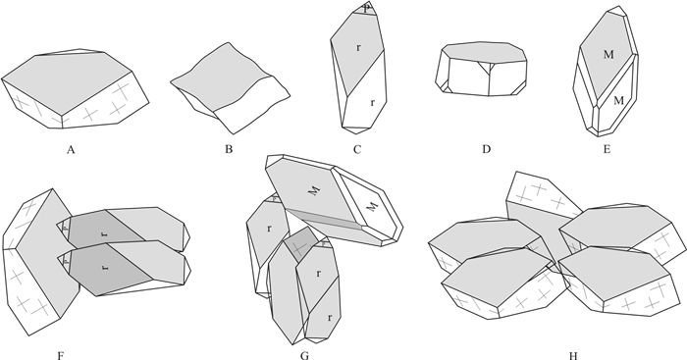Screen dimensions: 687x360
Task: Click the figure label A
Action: [71, 150]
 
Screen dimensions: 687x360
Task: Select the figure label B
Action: [229, 150]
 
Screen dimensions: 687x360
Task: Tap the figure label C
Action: [357, 150]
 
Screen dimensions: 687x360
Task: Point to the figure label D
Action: [486, 150]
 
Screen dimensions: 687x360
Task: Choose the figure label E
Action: [607, 150]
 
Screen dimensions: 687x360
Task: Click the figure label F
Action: [61, 355]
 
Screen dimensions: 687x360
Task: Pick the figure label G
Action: [304, 355]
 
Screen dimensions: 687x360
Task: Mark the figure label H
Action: [573, 355]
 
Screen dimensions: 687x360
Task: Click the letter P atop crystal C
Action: [367, 8]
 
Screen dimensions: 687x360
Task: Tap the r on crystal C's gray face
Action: [359, 47]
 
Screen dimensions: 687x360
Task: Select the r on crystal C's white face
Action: [372, 102]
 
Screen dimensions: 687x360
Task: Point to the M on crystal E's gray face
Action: [608, 54]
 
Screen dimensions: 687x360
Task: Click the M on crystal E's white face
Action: [618, 101]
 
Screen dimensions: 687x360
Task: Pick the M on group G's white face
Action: [372, 206]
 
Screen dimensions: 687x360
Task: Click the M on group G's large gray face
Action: [314, 190]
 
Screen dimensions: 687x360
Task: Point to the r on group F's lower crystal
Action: [105, 266]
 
